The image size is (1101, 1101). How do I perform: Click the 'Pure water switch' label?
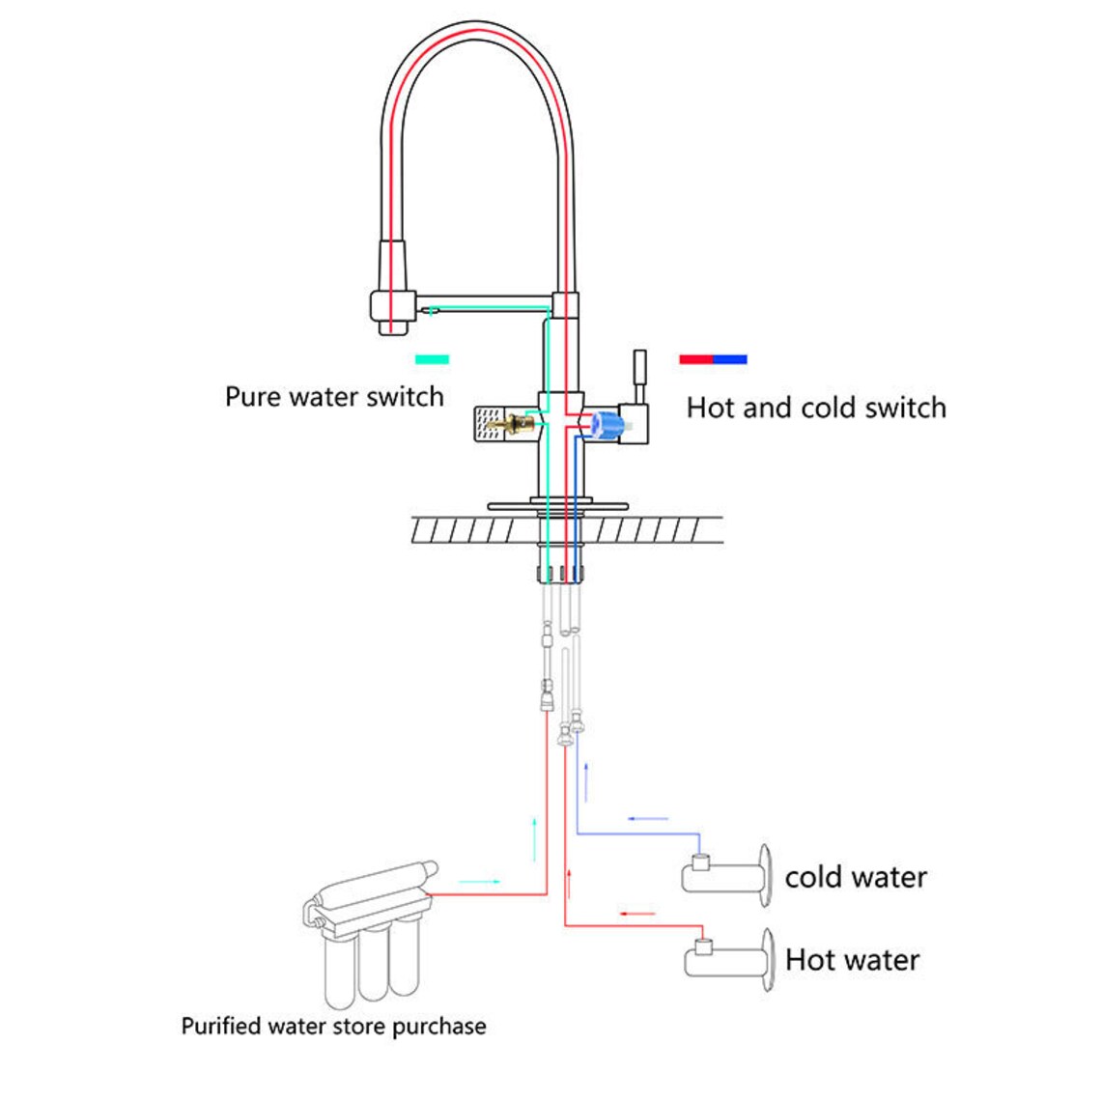(x=334, y=397)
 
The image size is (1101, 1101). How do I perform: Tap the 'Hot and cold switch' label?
(x=816, y=408)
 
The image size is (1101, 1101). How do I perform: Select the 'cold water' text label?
(x=856, y=877)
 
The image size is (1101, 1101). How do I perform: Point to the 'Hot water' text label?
(x=852, y=960)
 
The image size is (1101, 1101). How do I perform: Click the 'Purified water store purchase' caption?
(x=333, y=1026)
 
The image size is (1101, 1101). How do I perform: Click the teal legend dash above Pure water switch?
(x=432, y=359)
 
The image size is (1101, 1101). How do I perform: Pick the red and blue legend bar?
(x=713, y=359)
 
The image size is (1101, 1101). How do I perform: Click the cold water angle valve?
(x=724, y=875)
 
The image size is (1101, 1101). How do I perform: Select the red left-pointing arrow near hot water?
(x=636, y=914)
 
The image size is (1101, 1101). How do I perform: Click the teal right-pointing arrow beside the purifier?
(x=479, y=882)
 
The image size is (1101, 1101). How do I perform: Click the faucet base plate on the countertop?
(x=557, y=505)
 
